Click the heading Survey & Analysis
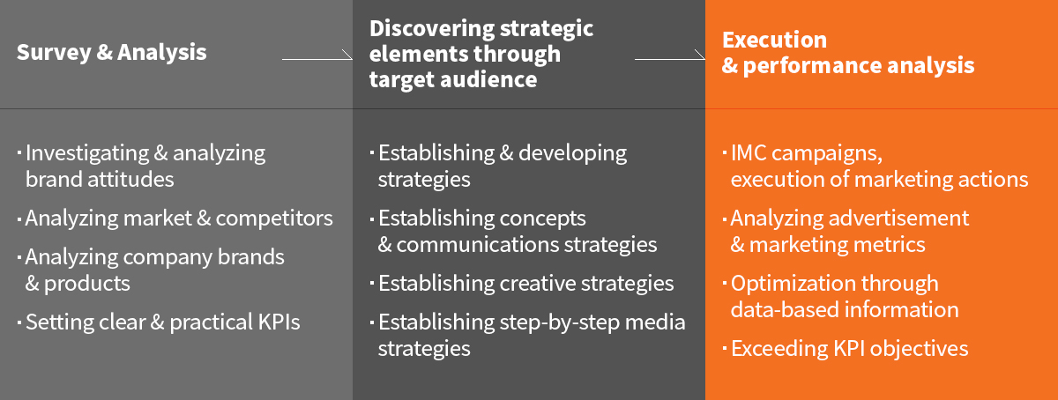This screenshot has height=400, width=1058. click(x=111, y=52)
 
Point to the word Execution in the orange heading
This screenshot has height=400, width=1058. click(x=775, y=40)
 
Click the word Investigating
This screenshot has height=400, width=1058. click(x=87, y=153)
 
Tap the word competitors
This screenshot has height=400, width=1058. click(x=274, y=219)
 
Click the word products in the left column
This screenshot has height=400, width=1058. click(x=87, y=284)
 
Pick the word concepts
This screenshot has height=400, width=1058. click(x=543, y=219)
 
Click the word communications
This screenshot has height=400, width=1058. click(x=478, y=245)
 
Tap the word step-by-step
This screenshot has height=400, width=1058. click(x=560, y=322)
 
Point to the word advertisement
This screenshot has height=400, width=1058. click(x=898, y=219)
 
